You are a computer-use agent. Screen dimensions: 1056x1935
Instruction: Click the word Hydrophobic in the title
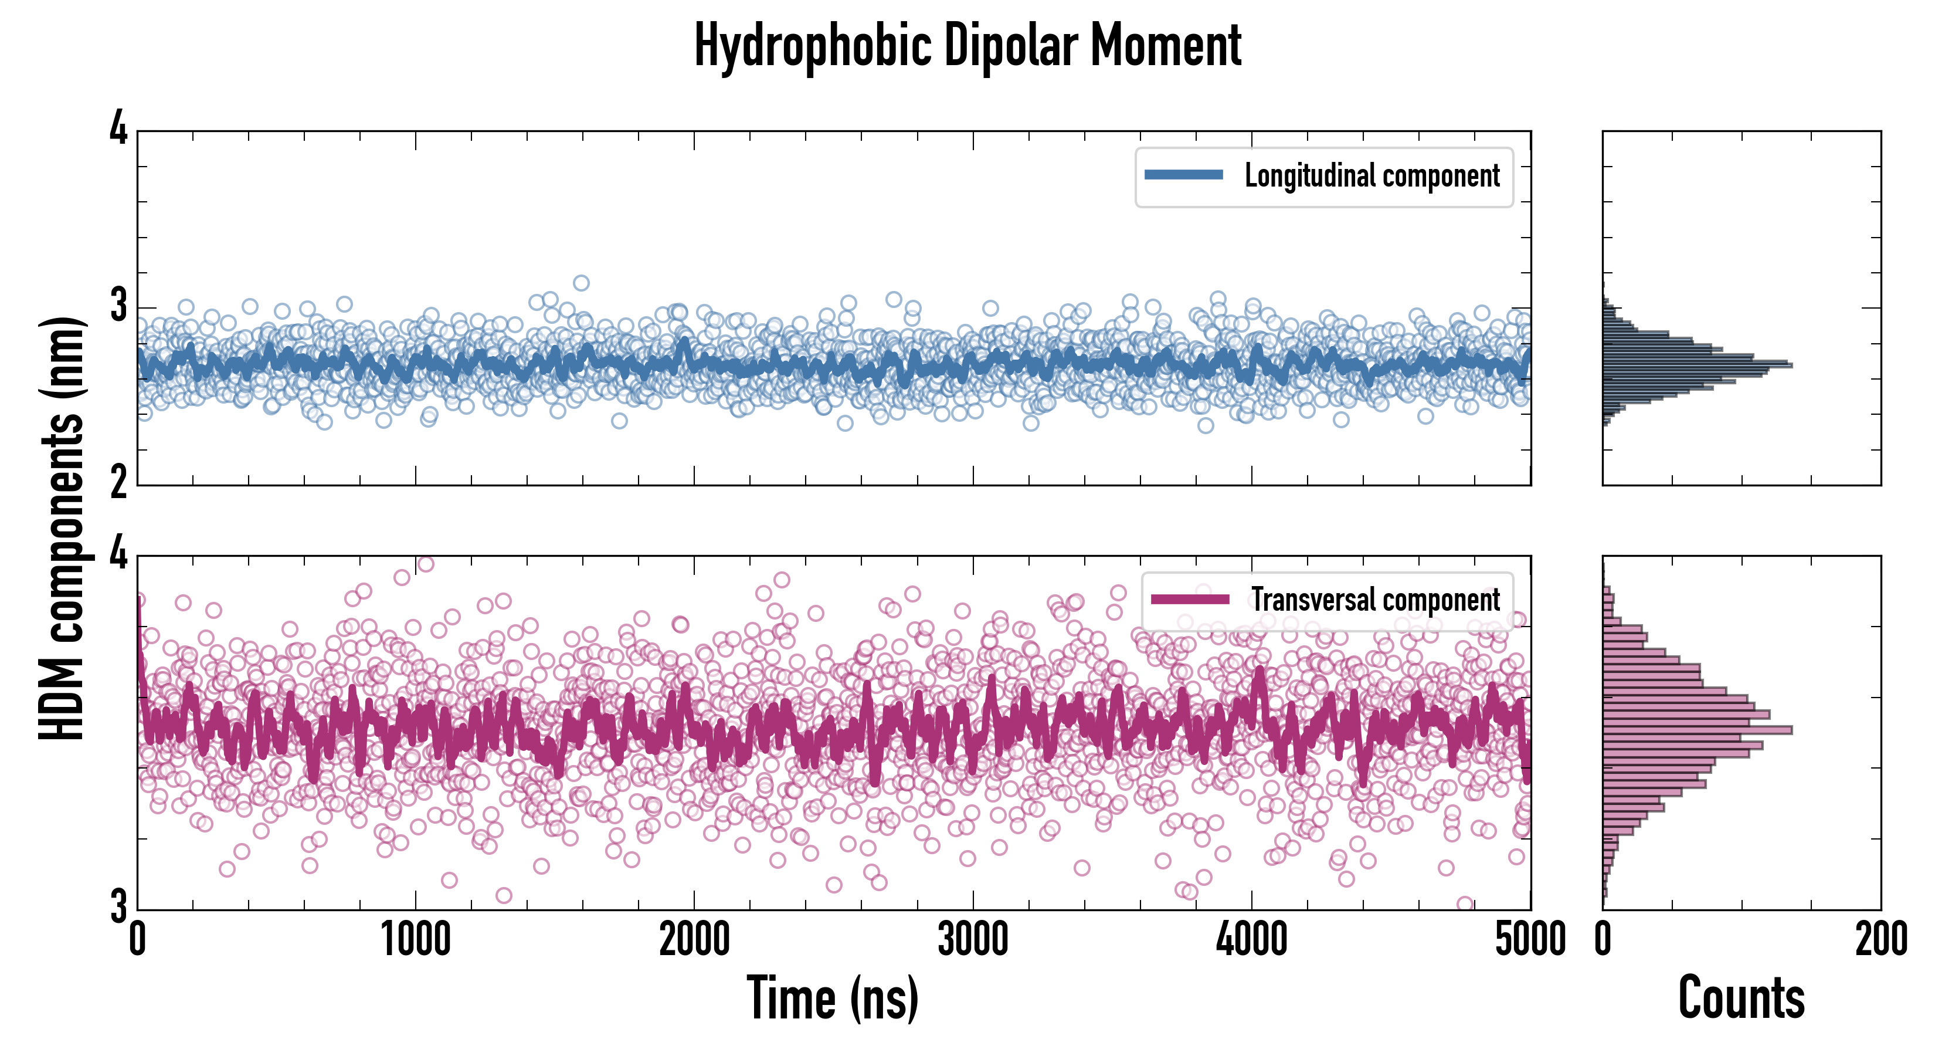tap(813, 46)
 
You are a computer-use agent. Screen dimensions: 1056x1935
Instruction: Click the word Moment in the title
tap(1166, 46)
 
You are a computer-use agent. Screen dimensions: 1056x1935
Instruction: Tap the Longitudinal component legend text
tap(1372, 176)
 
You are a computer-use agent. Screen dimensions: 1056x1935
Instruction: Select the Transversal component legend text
tap(1376, 600)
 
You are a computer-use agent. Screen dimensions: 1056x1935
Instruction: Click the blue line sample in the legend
tap(1183, 175)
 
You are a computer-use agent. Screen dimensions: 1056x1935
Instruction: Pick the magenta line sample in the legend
tap(1190, 599)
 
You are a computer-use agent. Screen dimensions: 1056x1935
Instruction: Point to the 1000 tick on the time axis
tap(415, 939)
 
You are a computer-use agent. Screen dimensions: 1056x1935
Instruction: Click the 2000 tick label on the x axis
tap(694, 939)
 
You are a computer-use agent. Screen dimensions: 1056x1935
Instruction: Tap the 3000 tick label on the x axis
tap(973, 939)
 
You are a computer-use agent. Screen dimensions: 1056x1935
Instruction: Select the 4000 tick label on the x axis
tap(1251, 939)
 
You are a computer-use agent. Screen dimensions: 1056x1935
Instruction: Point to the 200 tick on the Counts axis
tap(1880, 939)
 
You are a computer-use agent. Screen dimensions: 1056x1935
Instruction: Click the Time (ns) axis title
tap(832, 998)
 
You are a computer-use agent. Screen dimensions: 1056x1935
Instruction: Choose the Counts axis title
tap(1741, 998)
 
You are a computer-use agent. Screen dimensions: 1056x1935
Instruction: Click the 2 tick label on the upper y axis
tap(118, 483)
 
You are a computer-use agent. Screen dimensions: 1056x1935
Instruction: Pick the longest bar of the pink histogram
tap(1697, 730)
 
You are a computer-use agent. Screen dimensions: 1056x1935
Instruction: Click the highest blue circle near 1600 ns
tap(580, 283)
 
